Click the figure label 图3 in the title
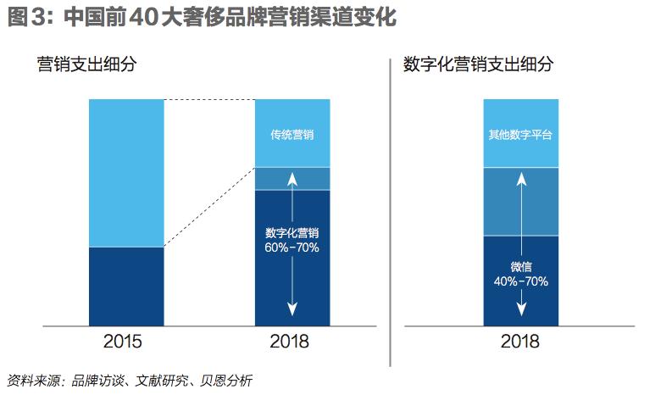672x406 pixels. tap(24, 17)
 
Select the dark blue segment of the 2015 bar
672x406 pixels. tap(126, 286)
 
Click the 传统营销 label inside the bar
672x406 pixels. tap(292, 135)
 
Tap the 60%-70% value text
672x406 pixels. tap(292, 248)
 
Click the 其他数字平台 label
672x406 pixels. tap(520, 135)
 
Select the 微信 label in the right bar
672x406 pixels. tap(520, 266)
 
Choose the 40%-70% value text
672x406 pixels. tap(520, 281)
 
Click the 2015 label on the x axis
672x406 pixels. tap(126, 342)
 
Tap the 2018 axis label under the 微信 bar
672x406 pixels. tap(520, 342)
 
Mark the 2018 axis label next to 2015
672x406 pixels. tap(292, 342)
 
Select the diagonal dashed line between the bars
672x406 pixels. tap(209, 207)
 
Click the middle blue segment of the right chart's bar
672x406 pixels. tap(520, 201)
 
